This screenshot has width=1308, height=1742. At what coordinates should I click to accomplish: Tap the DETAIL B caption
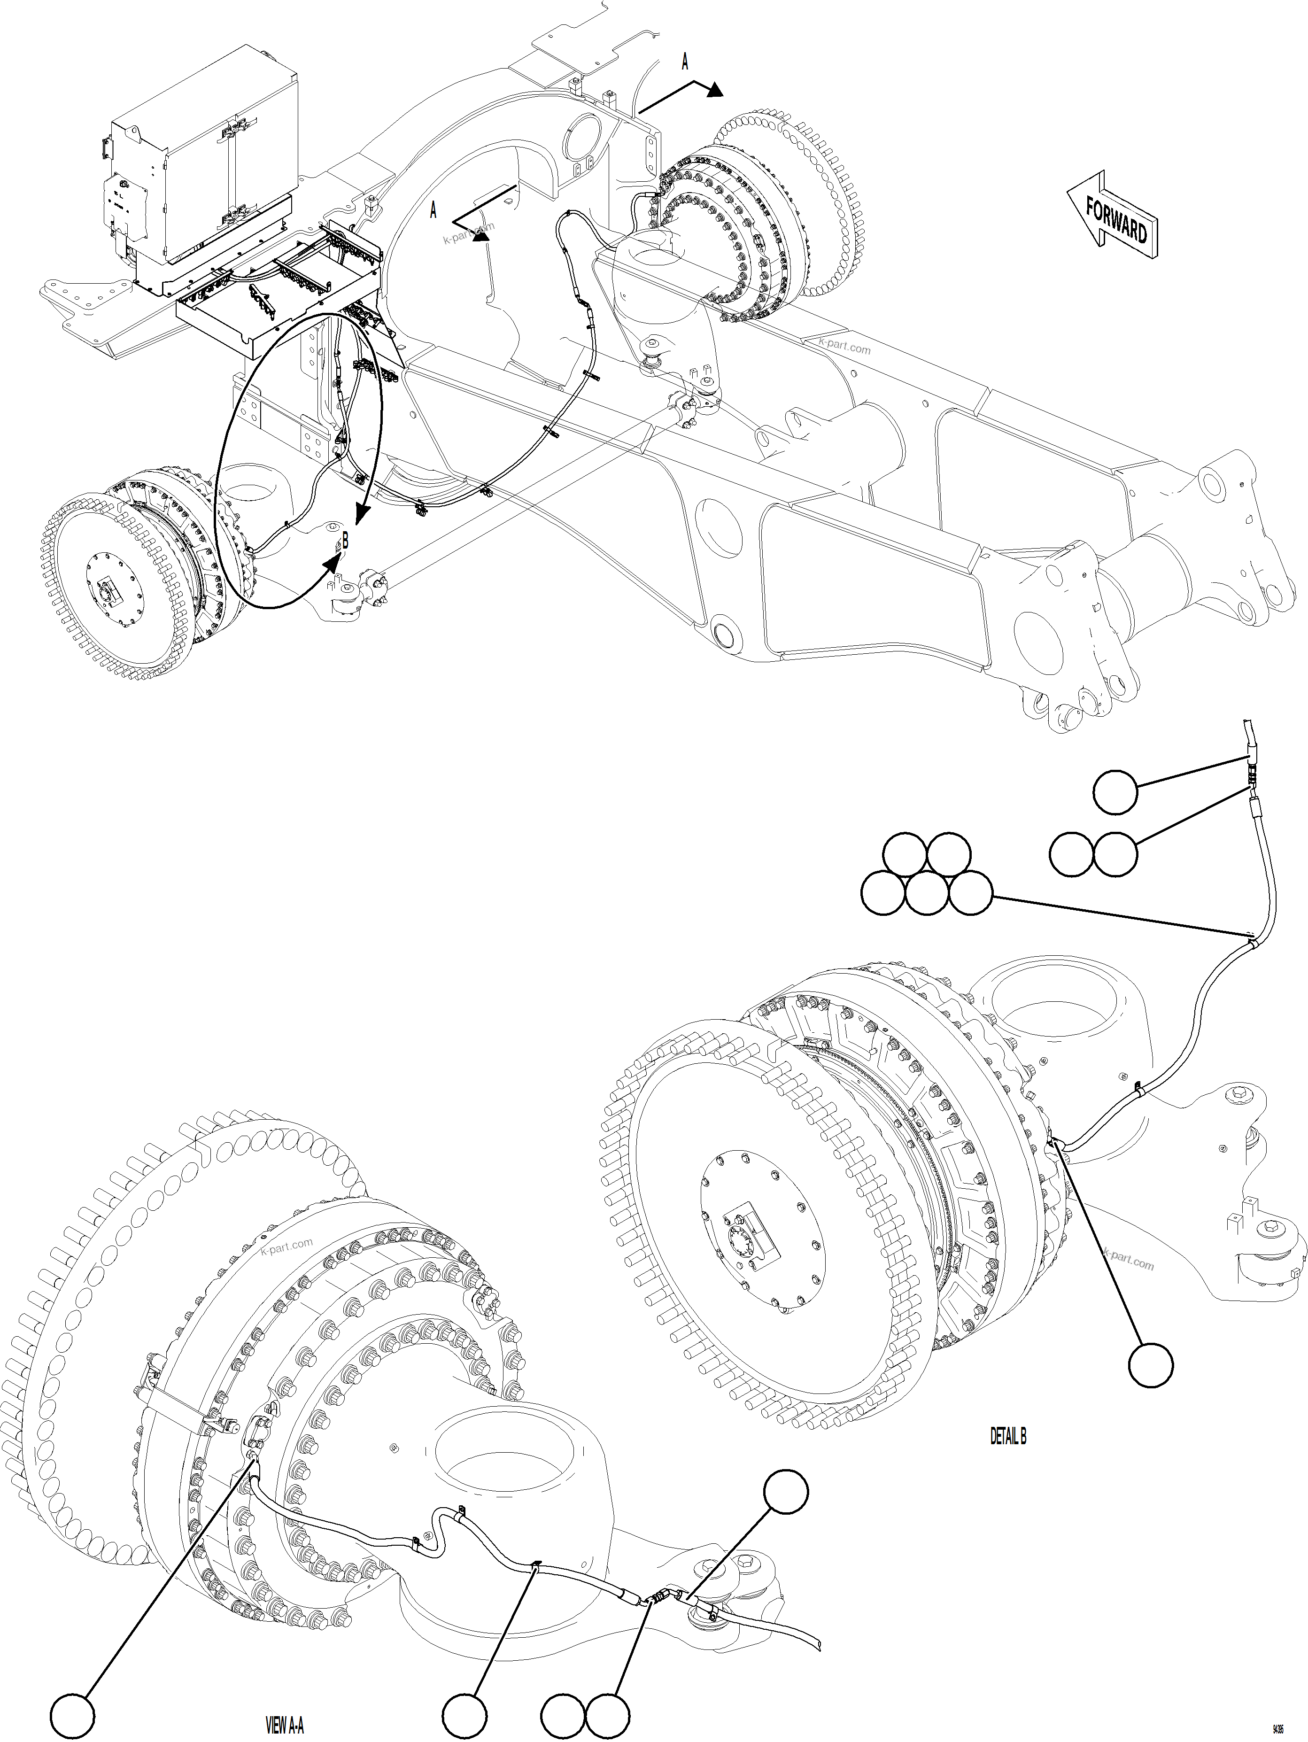(1007, 1436)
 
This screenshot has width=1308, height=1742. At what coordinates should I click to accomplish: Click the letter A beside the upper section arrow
(684, 62)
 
